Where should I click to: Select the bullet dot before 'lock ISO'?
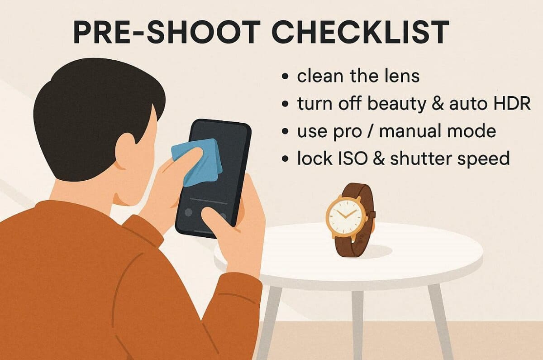(x=286, y=159)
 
